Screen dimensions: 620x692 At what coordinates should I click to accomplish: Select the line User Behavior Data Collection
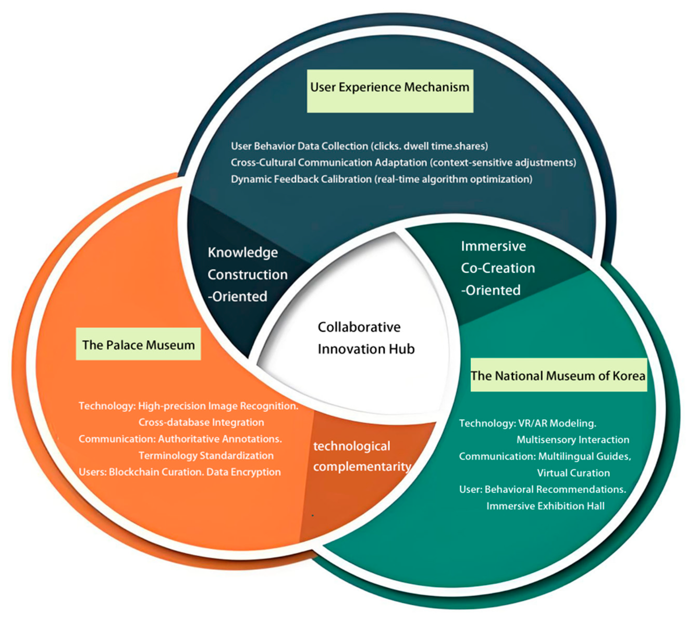click(359, 146)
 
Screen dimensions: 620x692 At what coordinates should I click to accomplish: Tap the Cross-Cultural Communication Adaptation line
click(403, 163)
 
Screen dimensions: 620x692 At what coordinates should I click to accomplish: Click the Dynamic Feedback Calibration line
click(381, 179)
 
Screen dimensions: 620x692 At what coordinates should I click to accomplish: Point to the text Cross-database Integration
click(201, 422)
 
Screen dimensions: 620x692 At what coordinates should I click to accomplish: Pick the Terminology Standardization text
click(206, 456)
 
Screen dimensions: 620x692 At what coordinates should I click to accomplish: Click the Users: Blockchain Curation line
click(180, 472)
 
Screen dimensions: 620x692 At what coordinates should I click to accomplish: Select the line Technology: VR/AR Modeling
click(528, 423)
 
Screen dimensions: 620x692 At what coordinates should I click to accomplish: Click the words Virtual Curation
click(573, 473)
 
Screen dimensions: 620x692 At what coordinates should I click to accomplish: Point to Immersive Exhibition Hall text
click(545, 506)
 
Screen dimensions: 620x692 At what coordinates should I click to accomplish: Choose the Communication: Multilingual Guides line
click(544, 456)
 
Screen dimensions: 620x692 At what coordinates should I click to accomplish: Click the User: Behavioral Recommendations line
click(542, 489)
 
